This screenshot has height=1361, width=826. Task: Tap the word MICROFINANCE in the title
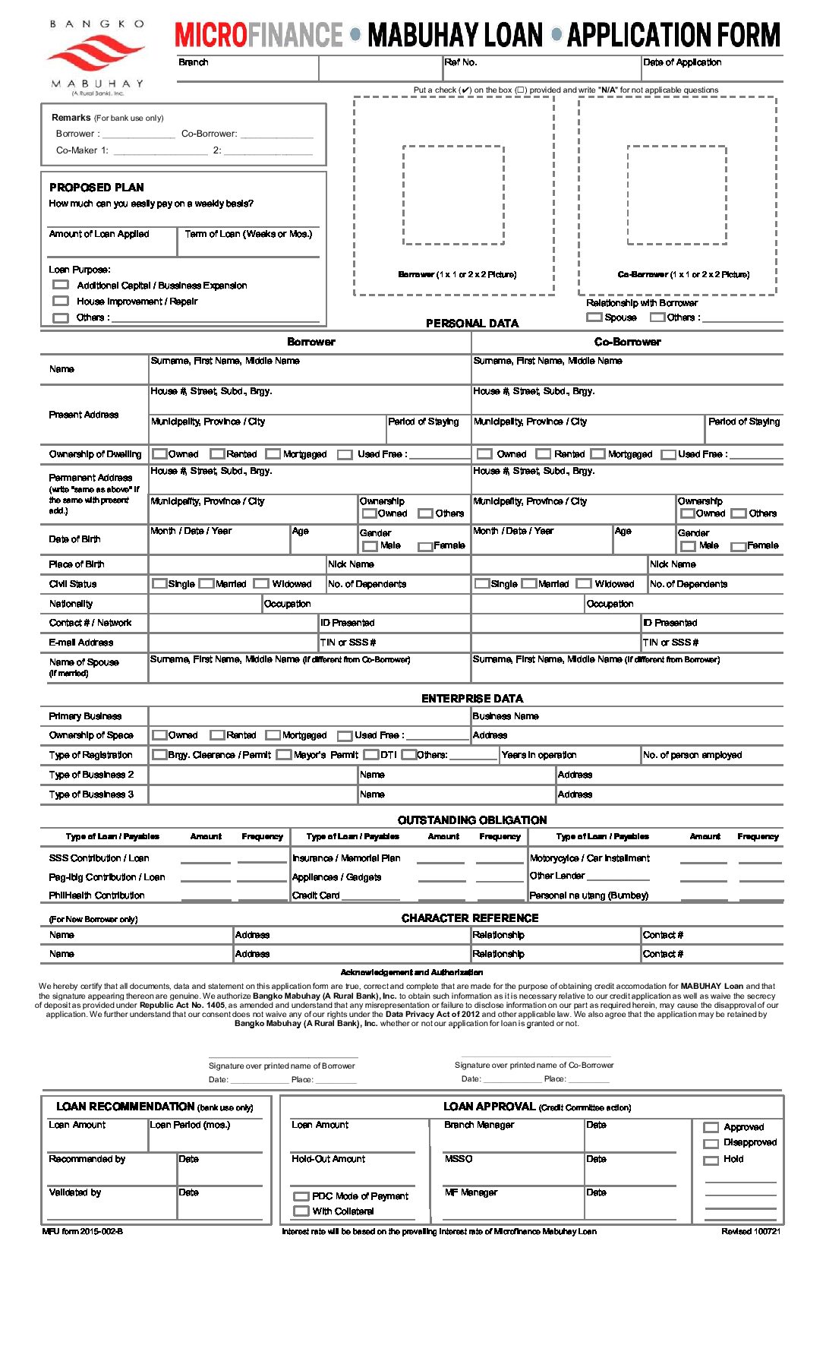[x=258, y=35]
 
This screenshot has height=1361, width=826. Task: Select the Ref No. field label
[x=461, y=62]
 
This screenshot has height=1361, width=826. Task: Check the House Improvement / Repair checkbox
[x=61, y=302]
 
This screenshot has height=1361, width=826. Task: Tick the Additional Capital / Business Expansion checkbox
[x=61, y=285]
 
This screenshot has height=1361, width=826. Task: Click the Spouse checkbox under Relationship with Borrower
[x=594, y=317]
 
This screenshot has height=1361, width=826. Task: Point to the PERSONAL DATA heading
[x=471, y=324]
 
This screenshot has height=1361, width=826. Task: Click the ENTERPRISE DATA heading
[x=471, y=699]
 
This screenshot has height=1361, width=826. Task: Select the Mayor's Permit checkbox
[x=284, y=755]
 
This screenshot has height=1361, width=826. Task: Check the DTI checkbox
[x=371, y=755]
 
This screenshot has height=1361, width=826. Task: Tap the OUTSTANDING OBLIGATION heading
[x=471, y=820]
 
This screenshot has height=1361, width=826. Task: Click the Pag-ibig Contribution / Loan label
[x=106, y=877]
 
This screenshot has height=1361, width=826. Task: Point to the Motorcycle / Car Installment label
[x=589, y=858]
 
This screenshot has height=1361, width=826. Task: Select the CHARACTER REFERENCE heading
[x=469, y=918]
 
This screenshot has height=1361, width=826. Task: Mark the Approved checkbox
[x=711, y=1128]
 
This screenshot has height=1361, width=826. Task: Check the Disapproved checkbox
[x=711, y=1144]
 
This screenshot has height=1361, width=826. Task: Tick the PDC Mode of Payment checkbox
[x=301, y=1196]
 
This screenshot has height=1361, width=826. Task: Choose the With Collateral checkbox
[x=301, y=1211]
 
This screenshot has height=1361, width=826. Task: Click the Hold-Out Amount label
[x=328, y=1159]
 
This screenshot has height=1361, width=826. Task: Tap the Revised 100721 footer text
[x=750, y=1232]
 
